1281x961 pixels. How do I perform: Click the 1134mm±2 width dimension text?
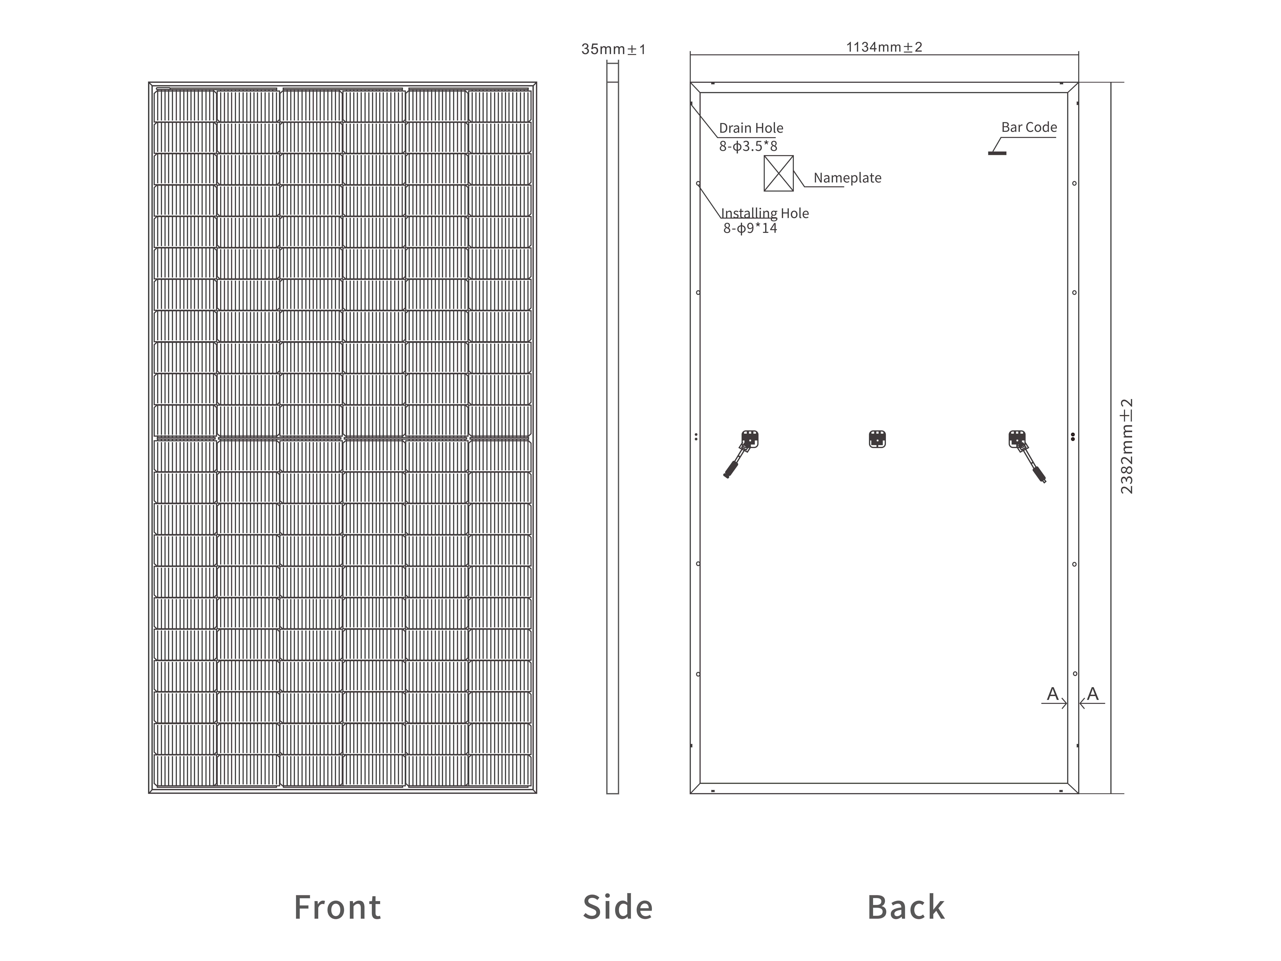(884, 47)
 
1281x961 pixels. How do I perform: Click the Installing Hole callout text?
(764, 213)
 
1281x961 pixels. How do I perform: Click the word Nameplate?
(847, 178)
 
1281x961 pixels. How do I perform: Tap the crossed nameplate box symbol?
(778, 173)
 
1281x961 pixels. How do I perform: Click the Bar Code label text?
(1029, 127)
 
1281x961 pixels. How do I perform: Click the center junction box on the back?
(877, 439)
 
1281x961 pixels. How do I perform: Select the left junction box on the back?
(750, 439)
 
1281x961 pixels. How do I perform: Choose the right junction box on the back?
(1017, 439)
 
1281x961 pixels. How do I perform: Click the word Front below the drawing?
(338, 907)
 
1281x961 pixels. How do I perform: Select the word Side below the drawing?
(617, 907)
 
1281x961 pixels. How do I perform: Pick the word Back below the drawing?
(906, 907)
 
